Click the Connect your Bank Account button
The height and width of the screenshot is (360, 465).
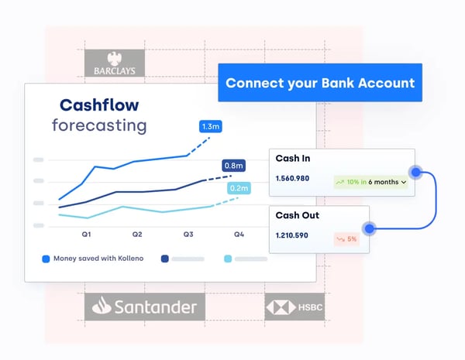pos(320,83)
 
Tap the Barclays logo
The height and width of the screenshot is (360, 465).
pos(114,63)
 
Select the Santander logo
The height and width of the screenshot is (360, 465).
pos(145,307)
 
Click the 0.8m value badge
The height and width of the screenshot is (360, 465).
pos(233,166)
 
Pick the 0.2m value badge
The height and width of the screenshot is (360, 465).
pos(239,189)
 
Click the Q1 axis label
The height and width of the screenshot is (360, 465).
pos(87,233)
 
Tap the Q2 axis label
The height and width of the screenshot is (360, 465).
pos(137,233)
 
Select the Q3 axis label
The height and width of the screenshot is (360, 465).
pos(188,233)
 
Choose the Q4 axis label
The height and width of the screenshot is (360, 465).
pos(239,233)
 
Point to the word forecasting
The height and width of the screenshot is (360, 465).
pos(99,125)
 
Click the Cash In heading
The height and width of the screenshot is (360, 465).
pos(293,158)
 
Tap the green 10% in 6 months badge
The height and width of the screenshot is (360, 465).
pos(371,183)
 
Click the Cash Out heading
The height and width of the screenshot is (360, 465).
pos(297,215)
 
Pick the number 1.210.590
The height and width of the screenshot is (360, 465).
pos(298,236)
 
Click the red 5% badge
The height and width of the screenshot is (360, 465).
pos(346,239)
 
